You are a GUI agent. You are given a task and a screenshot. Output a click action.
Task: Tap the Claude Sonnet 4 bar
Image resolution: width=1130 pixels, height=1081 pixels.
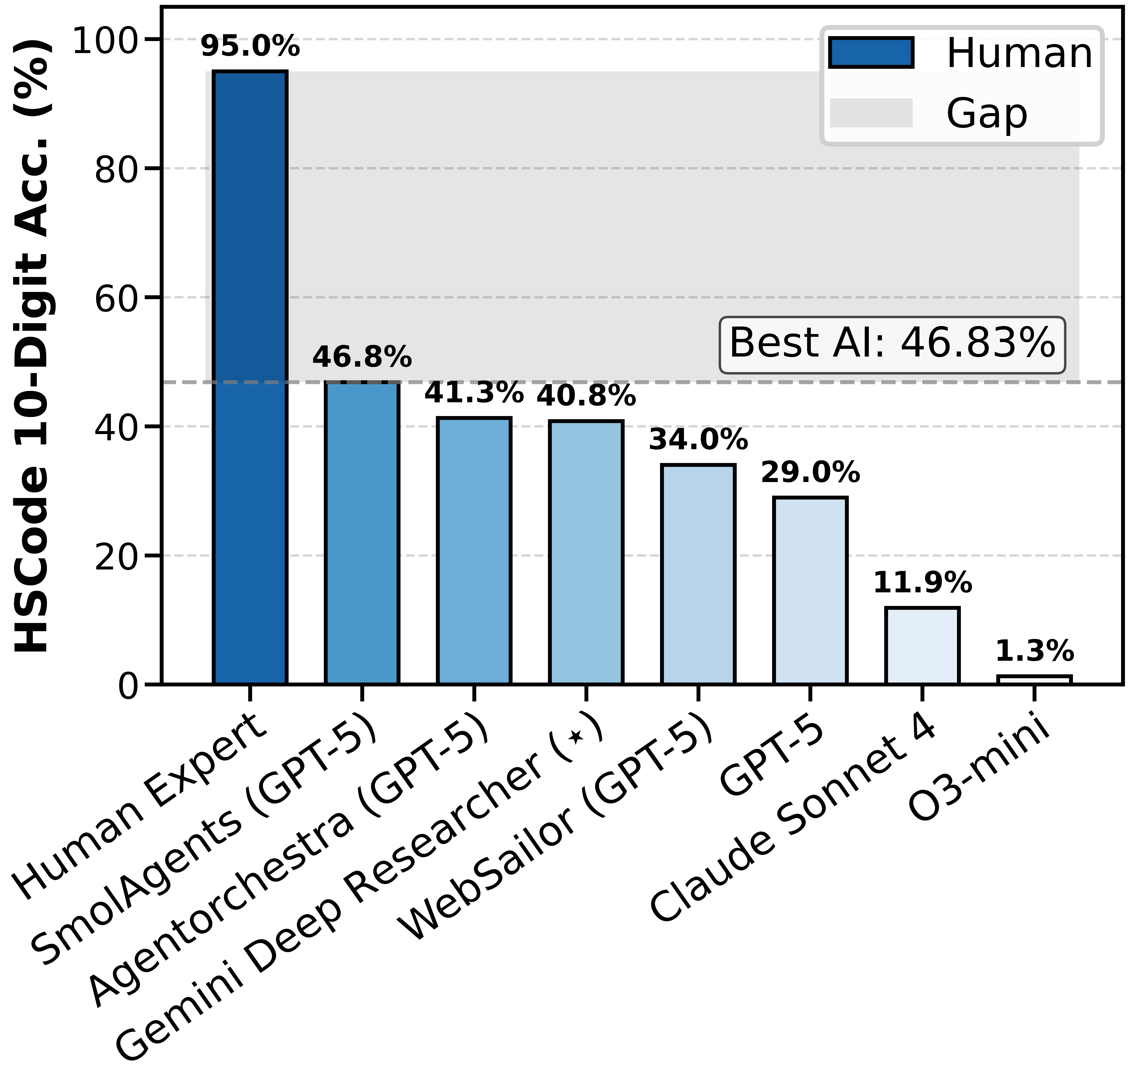922,645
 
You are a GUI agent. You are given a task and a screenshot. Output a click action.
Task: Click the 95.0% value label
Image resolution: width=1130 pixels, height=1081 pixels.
250,46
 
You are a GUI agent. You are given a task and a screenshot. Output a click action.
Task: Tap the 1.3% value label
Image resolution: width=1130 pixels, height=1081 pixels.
1034,651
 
